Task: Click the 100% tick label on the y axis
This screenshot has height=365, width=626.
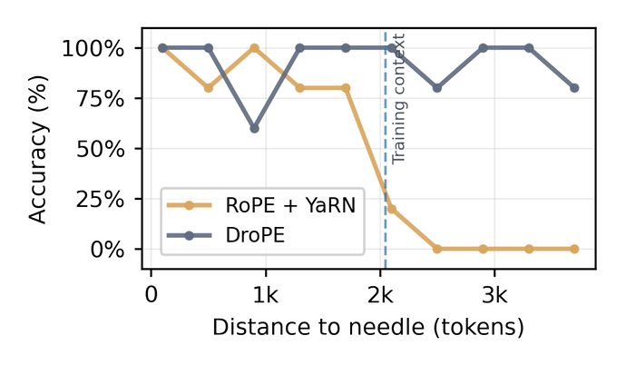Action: click(94, 48)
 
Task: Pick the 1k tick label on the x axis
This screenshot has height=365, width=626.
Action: click(265, 296)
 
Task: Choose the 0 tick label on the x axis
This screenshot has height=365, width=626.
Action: click(152, 296)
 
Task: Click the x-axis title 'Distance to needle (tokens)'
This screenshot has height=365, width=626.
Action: click(368, 327)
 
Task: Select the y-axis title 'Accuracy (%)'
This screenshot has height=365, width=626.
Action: click(38, 149)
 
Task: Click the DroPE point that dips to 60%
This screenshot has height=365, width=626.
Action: click(254, 128)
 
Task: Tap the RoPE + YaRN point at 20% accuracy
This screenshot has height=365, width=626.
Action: click(391, 209)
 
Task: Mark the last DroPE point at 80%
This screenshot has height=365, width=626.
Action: click(574, 88)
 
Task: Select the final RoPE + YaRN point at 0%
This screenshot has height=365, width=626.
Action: click(574, 249)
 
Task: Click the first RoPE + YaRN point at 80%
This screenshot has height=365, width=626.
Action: click(209, 88)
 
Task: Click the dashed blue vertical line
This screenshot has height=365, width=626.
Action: click(386, 182)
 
